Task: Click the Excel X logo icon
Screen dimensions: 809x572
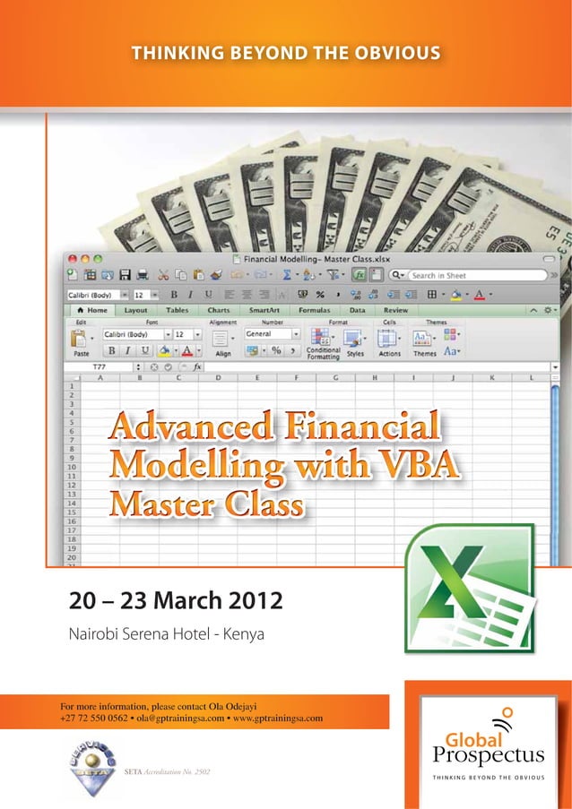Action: [469, 588]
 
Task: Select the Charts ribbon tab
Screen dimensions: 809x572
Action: [219, 310]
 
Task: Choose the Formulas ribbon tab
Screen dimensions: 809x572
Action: [314, 310]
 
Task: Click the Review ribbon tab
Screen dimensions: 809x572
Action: [395, 310]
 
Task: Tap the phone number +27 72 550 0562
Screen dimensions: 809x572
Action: [93, 719]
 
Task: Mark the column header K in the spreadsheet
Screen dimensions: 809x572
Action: [492, 378]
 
